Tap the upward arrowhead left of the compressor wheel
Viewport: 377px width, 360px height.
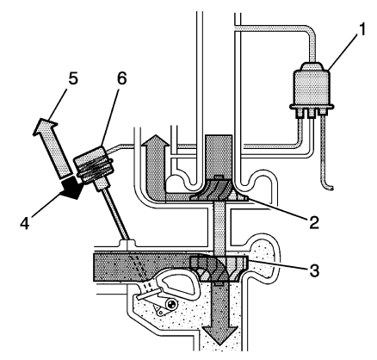(x=156, y=144)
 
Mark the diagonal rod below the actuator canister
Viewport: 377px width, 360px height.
(x=117, y=215)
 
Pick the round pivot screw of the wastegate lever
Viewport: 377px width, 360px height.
(x=173, y=303)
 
